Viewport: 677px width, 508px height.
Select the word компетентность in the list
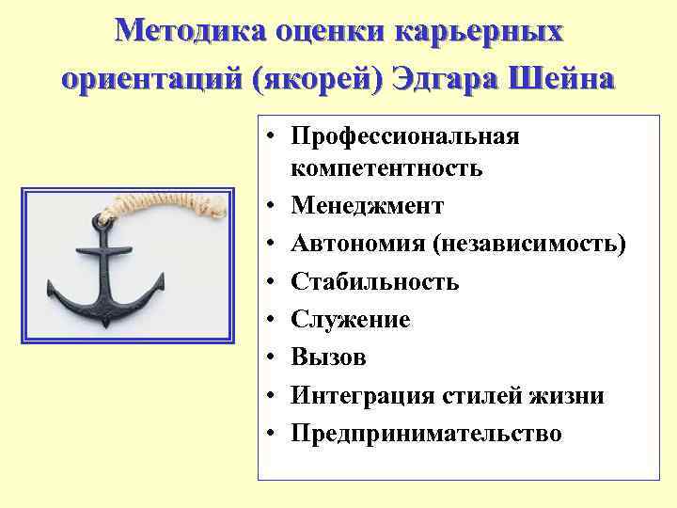(386, 168)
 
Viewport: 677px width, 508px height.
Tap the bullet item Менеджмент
(367, 206)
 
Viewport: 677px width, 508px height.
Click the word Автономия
(358, 244)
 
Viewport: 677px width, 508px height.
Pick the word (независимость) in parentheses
(529, 244)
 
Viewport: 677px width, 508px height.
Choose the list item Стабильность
(374, 281)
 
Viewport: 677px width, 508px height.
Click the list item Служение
(350, 320)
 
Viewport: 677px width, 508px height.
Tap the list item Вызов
(328, 357)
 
